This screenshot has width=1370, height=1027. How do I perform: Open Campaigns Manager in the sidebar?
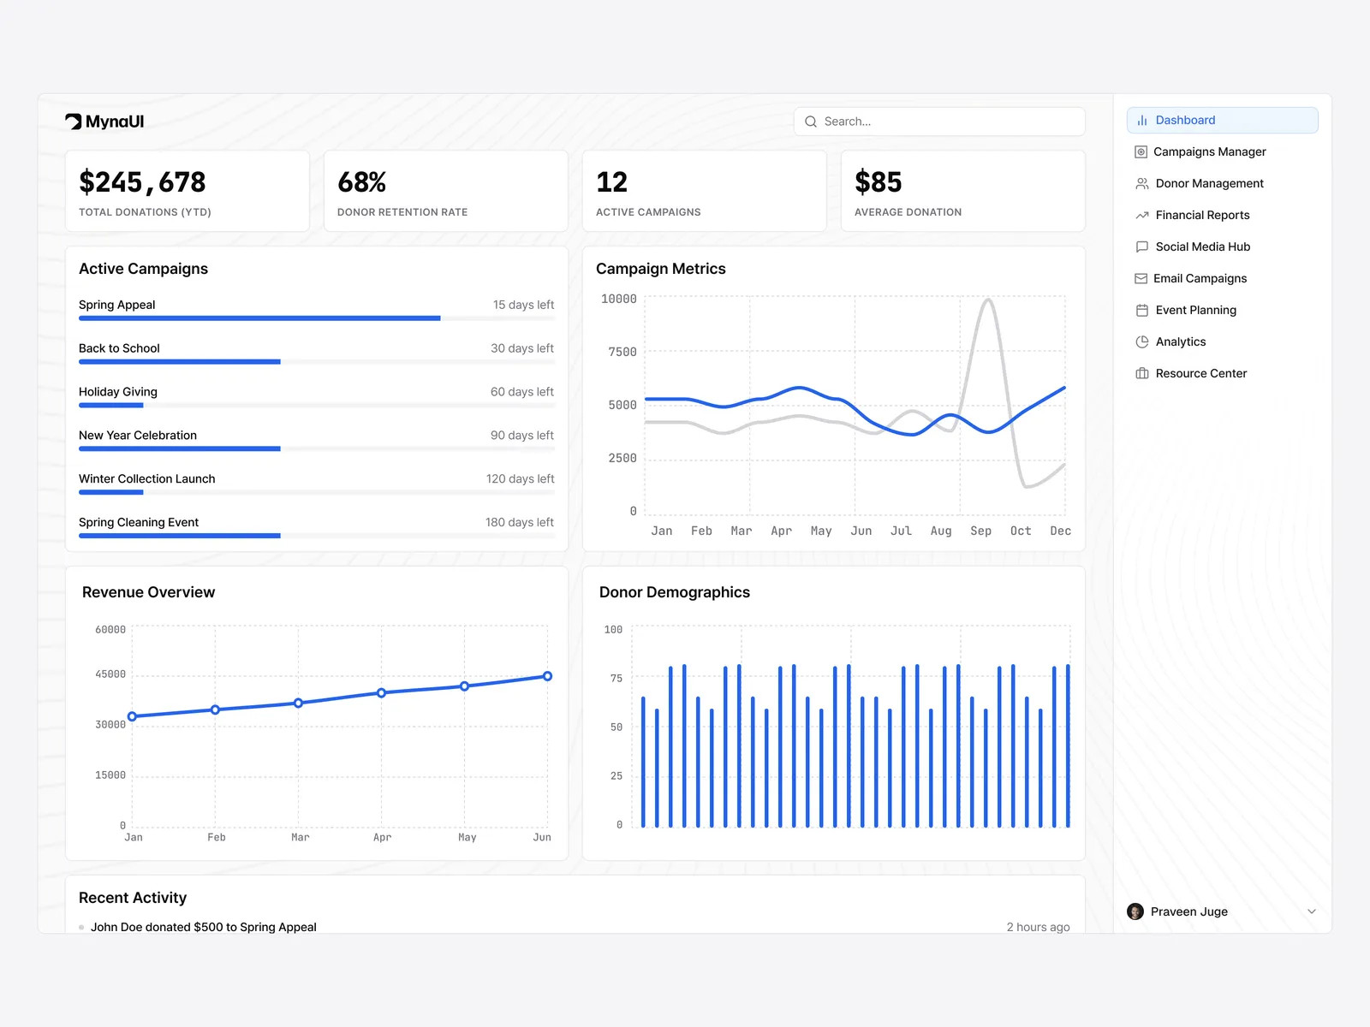(1209, 151)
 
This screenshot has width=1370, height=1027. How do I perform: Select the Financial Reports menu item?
(1202, 215)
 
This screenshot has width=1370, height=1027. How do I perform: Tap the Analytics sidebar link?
(1180, 341)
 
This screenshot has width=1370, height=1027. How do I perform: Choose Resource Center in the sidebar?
(1200, 373)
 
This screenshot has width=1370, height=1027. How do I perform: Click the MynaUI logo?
(104, 122)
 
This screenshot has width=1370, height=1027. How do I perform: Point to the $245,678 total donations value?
(142, 182)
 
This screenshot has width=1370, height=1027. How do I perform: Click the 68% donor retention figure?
(361, 182)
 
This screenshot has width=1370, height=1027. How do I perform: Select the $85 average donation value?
(878, 182)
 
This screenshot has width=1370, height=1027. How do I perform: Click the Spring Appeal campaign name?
(117, 305)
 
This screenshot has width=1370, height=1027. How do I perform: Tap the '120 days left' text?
(520, 478)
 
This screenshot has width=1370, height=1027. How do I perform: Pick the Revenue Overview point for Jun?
(547, 676)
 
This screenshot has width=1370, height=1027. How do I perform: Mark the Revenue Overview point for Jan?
(132, 716)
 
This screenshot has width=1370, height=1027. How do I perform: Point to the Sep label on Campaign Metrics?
(980, 531)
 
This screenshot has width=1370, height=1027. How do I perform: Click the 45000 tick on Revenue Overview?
(110, 674)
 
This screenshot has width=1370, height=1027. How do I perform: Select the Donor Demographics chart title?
(675, 592)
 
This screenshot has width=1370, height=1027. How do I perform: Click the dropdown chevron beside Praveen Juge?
(1312, 911)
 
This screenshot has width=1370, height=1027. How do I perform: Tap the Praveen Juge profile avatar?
(1135, 911)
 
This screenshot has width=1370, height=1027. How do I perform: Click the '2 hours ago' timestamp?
(1038, 927)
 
